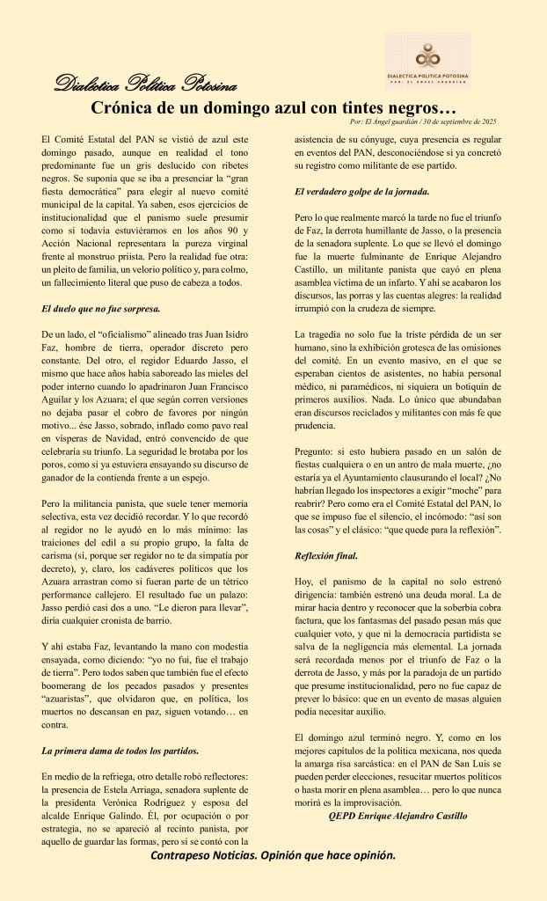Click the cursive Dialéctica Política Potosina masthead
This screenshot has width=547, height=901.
145,85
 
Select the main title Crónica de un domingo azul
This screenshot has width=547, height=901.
273,108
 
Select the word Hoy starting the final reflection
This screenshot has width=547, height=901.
304,582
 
